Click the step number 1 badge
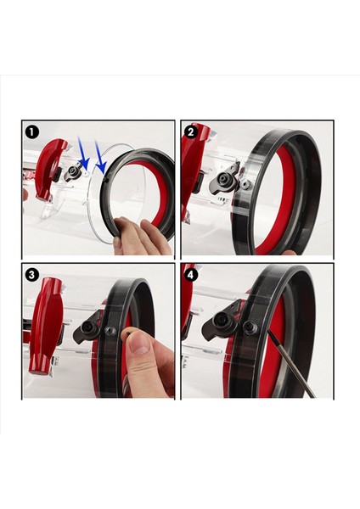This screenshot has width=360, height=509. (32, 132)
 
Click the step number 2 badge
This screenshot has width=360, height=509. (191, 131)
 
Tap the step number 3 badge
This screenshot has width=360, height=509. (32, 275)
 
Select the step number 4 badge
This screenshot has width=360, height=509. (191, 275)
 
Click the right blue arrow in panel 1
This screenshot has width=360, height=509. (99, 156)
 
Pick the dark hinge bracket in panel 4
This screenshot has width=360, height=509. (221, 325)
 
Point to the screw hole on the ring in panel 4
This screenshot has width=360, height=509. (250, 327)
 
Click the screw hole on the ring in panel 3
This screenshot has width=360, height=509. (110, 331)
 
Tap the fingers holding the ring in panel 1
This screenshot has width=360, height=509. (140, 235)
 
